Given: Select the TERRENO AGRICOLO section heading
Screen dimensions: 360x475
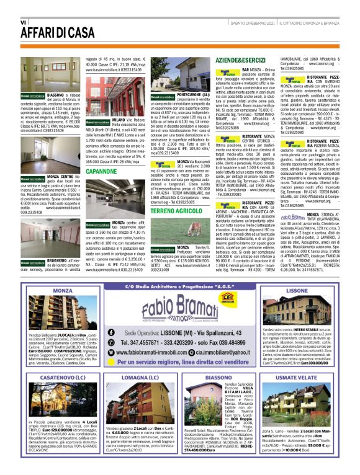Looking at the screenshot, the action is pos(176,211).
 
